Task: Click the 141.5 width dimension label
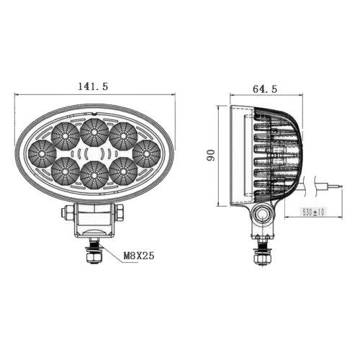pos(93,86)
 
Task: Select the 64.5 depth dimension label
pos(265,89)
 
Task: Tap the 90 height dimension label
pos(211,155)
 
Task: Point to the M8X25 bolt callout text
pos(139,256)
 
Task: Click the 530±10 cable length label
pos(313,212)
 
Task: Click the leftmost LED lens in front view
pos(42,153)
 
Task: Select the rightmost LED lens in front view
pos(146,153)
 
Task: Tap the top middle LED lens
pos(94,132)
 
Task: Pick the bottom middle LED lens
pos(94,175)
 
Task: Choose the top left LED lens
pos(65,136)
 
